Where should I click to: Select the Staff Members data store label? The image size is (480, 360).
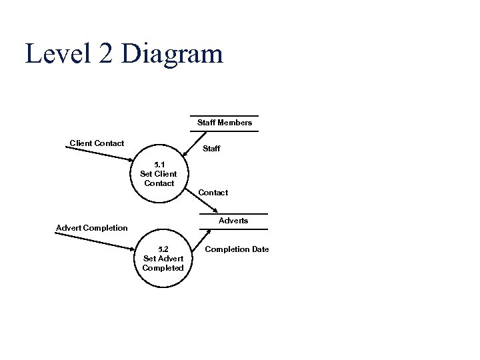[x=225, y=123]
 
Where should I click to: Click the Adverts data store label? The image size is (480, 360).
[x=233, y=221]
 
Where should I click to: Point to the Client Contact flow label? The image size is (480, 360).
[x=97, y=143]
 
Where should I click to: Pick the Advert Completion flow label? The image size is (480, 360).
[x=91, y=228]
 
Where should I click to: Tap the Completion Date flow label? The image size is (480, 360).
[x=237, y=249]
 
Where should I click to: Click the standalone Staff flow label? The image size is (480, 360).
[x=211, y=149]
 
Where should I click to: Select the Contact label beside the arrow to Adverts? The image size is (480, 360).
[x=213, y=193]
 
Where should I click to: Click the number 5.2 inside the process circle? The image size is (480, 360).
[x=163, y=249]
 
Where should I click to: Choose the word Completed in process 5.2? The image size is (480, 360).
[x=163, y=268]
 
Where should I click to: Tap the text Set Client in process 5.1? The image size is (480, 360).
[x=159, y=174]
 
